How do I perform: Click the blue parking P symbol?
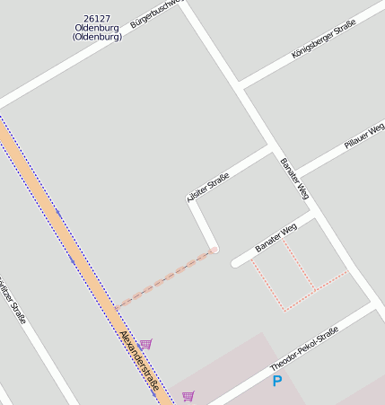[277, 381]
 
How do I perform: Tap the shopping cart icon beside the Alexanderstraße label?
[145, 344]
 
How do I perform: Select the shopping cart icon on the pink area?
[188, 396]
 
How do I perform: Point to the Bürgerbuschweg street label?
[156, 13]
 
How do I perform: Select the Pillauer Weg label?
[364, 136]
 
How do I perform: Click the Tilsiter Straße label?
[208, 186]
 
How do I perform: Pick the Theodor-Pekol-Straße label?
[304, 349]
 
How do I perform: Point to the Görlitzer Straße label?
[12, 301]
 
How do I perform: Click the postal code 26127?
[98, 18]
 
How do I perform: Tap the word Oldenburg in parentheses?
[98, 37]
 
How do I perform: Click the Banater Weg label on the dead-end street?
[276, 237]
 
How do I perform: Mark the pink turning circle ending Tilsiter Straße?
[214, 250]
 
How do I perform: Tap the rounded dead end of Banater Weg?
[236, 263]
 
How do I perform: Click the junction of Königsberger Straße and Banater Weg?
[241, 86]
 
